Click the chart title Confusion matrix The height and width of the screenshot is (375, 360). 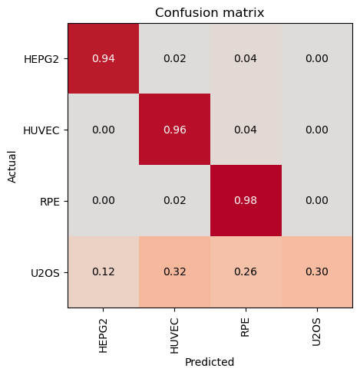pyautogui.click(x=210, y=12)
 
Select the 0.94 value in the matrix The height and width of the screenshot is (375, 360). pyautogui.click(x=104, y=58)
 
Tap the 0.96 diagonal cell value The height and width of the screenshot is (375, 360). pyautogui.click(x=175, y=130)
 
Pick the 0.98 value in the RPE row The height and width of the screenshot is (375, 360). pyautogui.click(x=246, y=200)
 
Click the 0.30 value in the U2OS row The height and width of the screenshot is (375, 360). pyautogui.click(x=317, y=271)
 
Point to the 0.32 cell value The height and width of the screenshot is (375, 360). pyautogui.click(x=175, y=271)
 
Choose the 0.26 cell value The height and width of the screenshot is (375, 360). pyautogui.click(x=246, y=271)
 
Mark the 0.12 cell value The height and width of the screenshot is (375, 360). pyautogui.click(x=104, y=271)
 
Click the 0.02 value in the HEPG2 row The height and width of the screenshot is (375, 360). pyautogui.click(x=175, y=58)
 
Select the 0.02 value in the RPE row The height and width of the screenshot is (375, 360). pyautogui.click(x=175, y=200)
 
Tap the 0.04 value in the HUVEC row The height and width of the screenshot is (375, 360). pyautogui.click(x=246, y=130)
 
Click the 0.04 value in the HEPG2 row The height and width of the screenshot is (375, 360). pyautogui.click(x=246, y=58)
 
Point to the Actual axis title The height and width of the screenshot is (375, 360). pyautogui.click(x=12, y=167)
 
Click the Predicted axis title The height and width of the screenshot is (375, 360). pyautogui.click(x=210, y=362)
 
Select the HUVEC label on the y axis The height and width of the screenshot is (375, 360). pyautogui.click(x=41, y=130)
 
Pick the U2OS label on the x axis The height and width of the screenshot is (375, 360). pyautogui.click(x=316, y=332)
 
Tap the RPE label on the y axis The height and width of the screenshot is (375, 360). pyautogui.click(x=50, y=202)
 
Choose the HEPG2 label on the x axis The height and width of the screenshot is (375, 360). pyautogui.click(x=103, y=336)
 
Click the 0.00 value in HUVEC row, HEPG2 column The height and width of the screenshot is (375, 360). pyautogui.click(x=104, y=130)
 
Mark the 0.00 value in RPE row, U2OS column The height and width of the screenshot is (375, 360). pyautogui.click(x=317, y=200)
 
